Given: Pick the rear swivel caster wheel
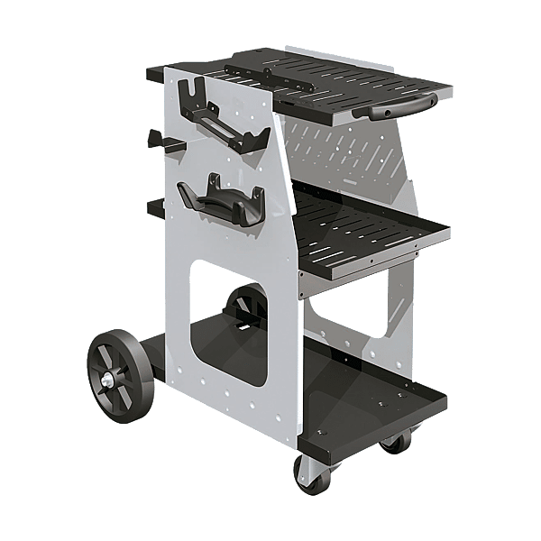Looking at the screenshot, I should click(394, 442).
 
